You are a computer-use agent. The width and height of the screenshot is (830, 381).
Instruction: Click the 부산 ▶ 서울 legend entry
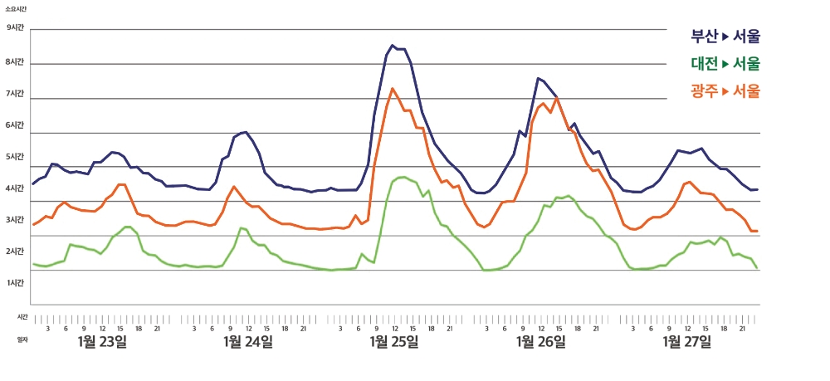tap(725, 37)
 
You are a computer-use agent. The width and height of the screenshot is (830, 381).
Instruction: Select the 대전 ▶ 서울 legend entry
tap(725, 64)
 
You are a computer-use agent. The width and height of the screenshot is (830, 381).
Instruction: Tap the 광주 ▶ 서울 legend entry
tap(725, 91)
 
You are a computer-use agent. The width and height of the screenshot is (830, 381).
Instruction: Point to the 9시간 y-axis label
tap(16, 27)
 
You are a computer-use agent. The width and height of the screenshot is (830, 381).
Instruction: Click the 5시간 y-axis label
tap(16, 157)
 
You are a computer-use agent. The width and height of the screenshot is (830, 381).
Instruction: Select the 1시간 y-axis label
tap(16, 283)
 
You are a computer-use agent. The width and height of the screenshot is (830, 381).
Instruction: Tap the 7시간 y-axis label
tap(16, 94)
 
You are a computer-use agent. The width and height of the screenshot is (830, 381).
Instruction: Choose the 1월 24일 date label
tap(248, 341)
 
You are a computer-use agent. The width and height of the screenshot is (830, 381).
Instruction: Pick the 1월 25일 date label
tap(394, 341)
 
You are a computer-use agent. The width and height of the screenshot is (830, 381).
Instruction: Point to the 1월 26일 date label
tap(540, 341)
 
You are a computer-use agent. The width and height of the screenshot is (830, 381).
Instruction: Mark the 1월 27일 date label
tap(686, 341)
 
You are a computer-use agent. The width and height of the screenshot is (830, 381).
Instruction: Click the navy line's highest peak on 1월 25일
tap(393, 46)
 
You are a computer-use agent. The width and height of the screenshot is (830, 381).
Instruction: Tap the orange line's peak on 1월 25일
tap(393, 88)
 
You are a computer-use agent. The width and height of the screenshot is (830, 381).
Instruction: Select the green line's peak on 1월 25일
tap(403, 177)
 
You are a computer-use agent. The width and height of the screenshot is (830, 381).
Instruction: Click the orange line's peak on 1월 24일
tap(234, 187)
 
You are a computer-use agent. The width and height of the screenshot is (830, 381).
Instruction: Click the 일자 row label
tap(22, 339)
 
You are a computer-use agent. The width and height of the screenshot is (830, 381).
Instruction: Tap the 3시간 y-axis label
tap(16, 220)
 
